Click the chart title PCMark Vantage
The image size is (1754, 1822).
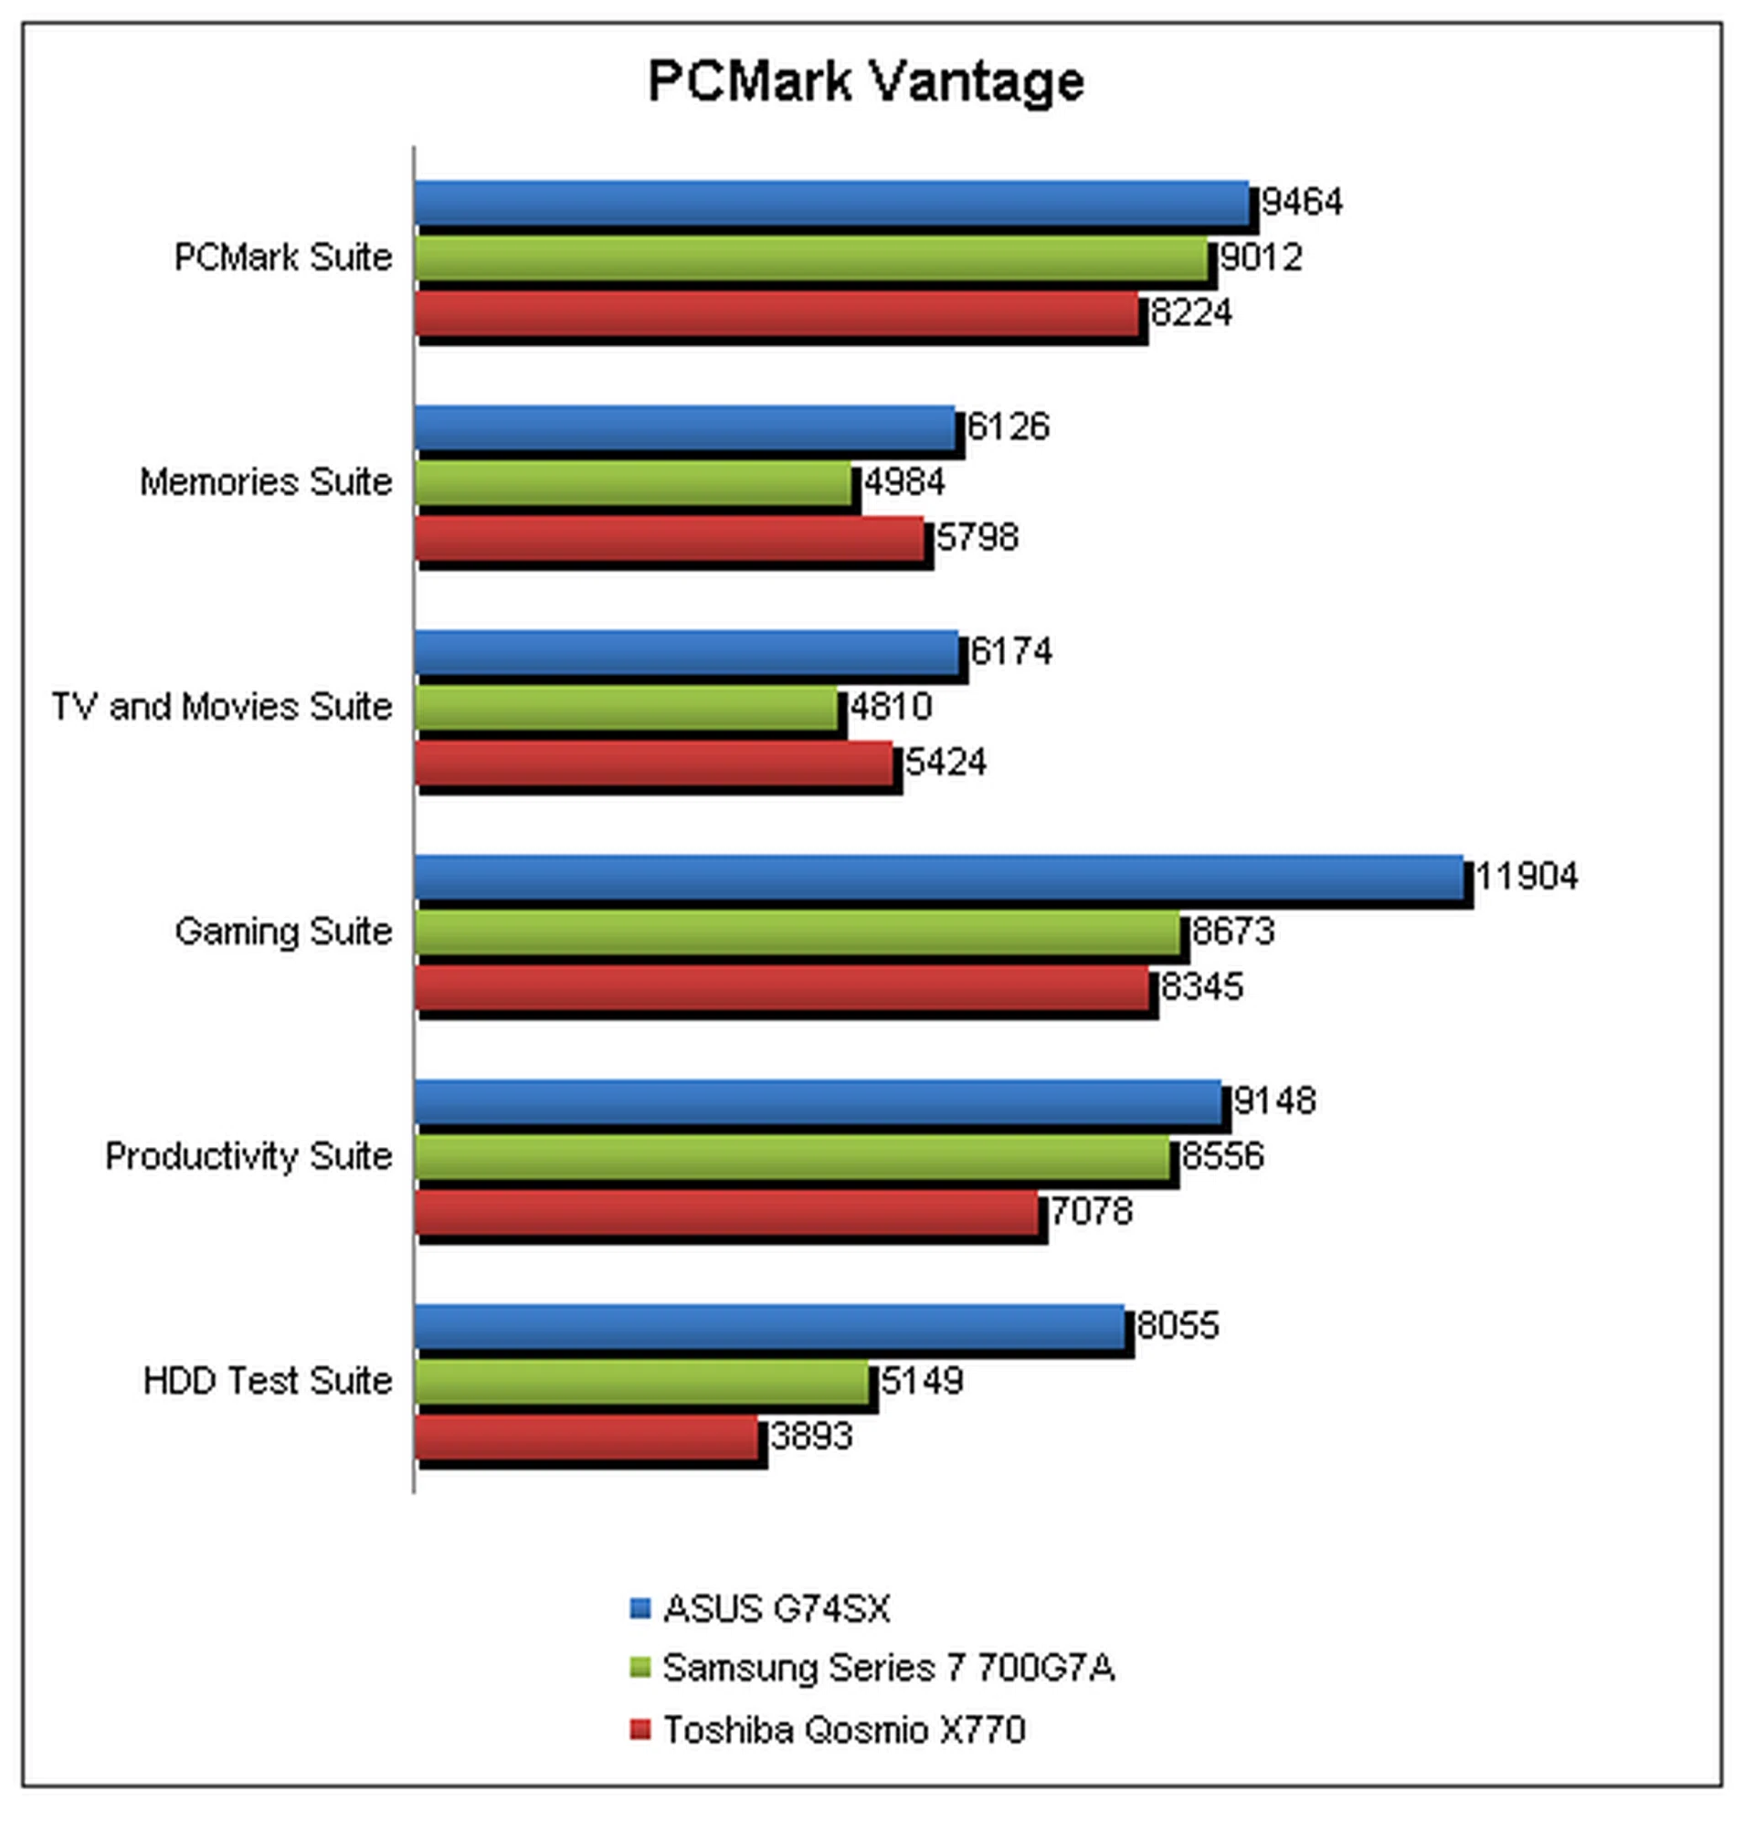(x=866, y=81)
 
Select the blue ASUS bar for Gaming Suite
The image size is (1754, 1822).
(x=939, y=878)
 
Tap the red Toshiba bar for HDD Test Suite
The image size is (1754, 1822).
(x=587, y=1438)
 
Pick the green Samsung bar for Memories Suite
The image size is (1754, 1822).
(x=633, y=484)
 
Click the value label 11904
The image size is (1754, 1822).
(x=1527, y=877)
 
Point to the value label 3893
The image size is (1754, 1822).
(x=811, y=1438)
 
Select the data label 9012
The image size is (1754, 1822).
(x=1261, y=258)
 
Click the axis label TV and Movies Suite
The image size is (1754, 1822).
(x=222, y=708)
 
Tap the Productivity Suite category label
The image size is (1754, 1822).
(x=248, y=1156)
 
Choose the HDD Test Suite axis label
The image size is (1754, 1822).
(x=268, y=1382)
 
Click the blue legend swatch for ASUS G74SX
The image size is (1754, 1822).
(x=639, y=1609)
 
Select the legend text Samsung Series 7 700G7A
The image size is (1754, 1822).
(x=888, y=1669)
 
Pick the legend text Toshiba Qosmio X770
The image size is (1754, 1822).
(x=843, y=1730)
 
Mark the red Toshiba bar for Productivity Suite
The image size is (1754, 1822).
(x=726, y=1213)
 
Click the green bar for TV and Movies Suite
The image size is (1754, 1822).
(x=626, y=710)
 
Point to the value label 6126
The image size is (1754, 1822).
(x=1009, y=427)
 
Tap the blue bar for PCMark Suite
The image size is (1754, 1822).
(x=832, y=203)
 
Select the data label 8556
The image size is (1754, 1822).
(x=1223, y=1156)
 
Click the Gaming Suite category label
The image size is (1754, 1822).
(x=283, y=932)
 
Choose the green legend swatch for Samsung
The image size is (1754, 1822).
(x=639, y=1669)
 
